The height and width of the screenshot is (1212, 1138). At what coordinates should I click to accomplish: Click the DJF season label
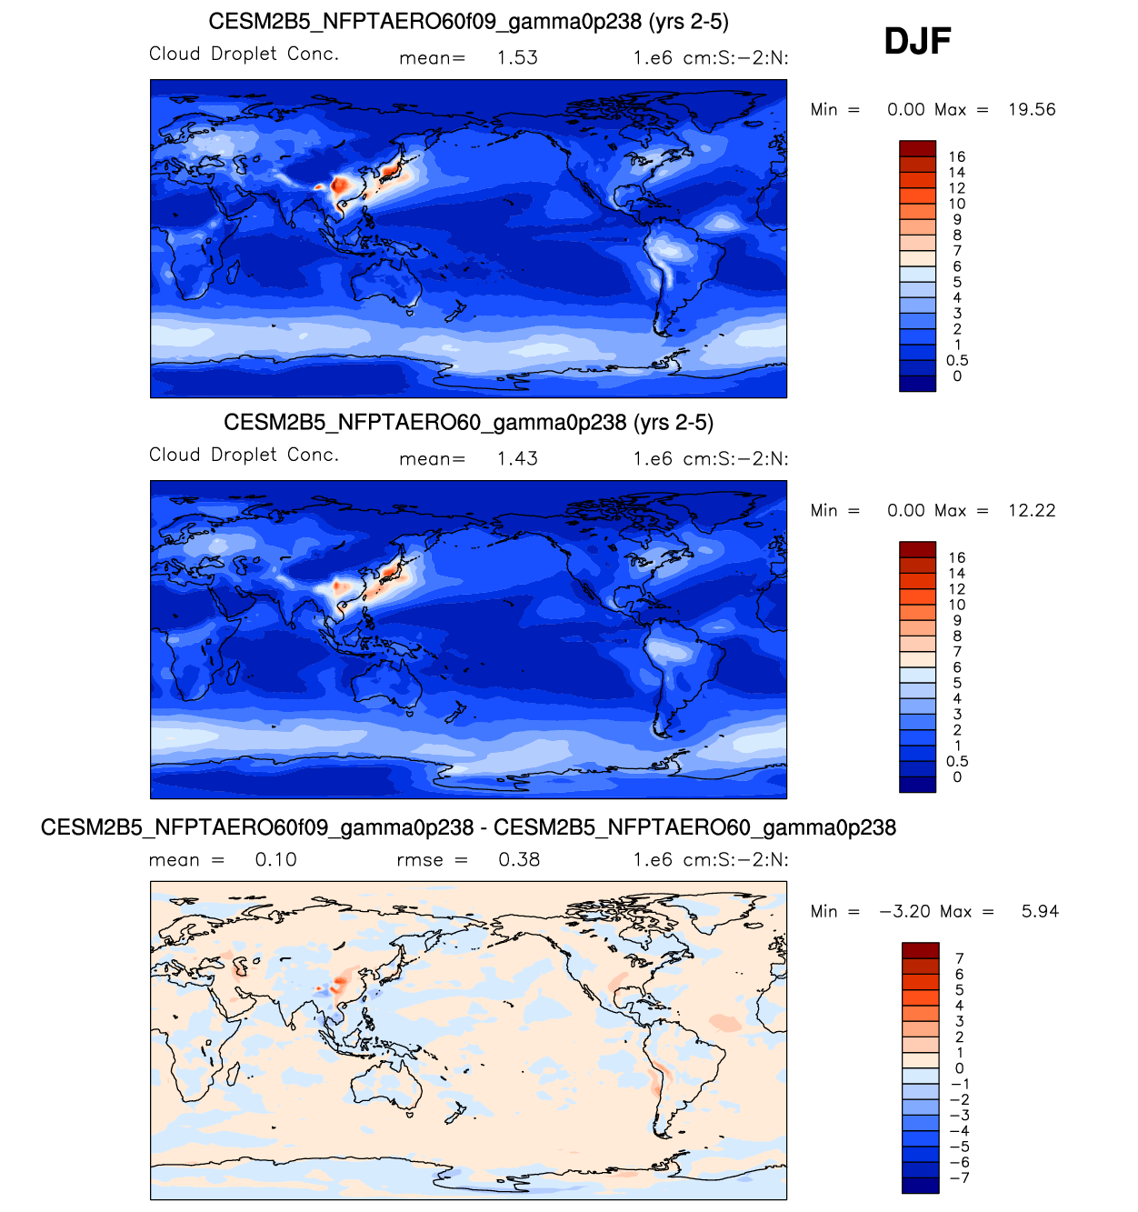point(917,42)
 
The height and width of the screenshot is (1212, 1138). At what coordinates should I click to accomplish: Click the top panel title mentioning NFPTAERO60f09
point(468,22)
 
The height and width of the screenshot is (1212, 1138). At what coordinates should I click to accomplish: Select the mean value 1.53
point(517,57)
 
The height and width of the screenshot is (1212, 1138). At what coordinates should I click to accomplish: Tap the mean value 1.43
point(517,458)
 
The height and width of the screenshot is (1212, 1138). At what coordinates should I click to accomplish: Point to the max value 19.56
point(1032,109)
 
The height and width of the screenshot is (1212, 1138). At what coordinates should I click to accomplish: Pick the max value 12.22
point(1032,510)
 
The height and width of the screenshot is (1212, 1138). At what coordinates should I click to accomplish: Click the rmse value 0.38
point(519,859)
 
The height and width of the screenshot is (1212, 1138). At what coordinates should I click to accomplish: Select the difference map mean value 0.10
point(275,859)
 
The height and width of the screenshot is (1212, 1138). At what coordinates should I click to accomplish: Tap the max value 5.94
point(1040,911)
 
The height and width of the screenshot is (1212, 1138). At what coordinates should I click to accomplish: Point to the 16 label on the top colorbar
point(956,156)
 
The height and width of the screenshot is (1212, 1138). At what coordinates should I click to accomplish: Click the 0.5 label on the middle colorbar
point(956,761)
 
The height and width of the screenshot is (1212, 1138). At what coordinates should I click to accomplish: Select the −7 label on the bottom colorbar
point(959,1177)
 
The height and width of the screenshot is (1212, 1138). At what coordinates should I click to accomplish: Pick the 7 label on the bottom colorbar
point(959,958)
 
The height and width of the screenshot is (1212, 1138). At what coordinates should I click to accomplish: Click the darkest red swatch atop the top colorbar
point(917,148)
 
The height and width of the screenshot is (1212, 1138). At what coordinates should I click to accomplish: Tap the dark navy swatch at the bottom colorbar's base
point(920,1185)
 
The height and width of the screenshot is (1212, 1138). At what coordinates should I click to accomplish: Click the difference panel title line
point(468,827)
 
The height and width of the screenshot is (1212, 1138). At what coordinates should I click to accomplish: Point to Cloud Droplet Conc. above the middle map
point(244,455)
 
